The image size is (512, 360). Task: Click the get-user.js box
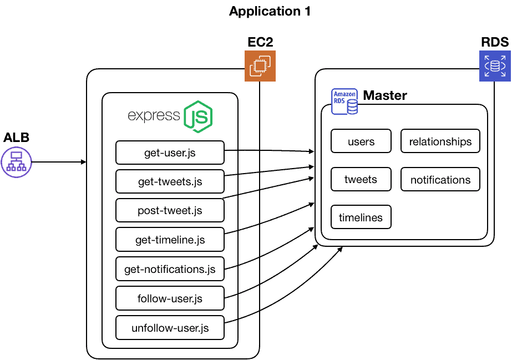tap(170, 153)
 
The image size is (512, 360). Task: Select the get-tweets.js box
tap(170, 181)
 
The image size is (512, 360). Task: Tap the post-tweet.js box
tap(170, 211)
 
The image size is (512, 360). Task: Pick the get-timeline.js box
tap(170, 240)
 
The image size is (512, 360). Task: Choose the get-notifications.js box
tap(170, 269)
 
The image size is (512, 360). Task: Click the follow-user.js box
tap(170, 298)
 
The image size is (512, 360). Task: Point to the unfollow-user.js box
tap(170, 328)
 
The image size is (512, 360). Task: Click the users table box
tap(361, 141)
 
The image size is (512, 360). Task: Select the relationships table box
tap(440, 141)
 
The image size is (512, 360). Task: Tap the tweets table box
tap(361, 179)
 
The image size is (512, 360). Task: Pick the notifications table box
tap(440, 180)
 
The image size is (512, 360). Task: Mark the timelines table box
tap(361, 217)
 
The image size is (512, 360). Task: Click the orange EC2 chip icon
tap(260, 66)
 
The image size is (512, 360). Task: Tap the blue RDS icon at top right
tap(495, 66)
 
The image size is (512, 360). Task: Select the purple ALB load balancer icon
tap(17, 162)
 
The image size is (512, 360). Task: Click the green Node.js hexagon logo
tap(199, 116)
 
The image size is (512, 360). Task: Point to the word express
tap(154, 115)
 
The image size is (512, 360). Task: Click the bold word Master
tap(385, 95)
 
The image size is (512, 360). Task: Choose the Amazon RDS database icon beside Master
tap(344, 102)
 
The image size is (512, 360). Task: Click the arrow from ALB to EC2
tap(60, 162)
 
